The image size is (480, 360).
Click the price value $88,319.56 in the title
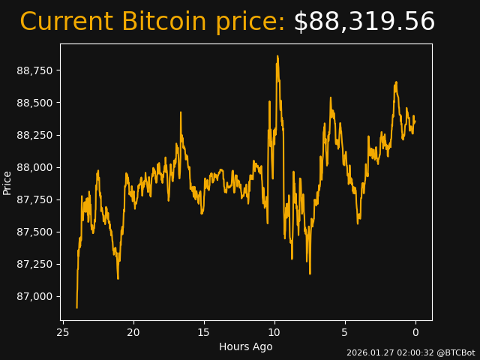(364, 22)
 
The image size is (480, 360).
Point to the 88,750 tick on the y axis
(39, 70)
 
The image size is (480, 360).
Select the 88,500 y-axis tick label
(39, 103)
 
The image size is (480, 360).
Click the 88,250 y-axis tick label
(39, 135)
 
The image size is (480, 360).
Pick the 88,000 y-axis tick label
(39, 167)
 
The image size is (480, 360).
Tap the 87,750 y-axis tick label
(39, 199)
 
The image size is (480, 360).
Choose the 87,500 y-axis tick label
(39, 232)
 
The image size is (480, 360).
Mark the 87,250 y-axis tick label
(39, 264)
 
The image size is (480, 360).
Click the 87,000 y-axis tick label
(39, 296)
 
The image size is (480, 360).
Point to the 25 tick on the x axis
(63, 332)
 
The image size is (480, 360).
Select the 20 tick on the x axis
(133, 332)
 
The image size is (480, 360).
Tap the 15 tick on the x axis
(204, 332)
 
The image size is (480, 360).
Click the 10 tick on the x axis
(274, 332)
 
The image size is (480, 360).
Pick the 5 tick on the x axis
(345, 332)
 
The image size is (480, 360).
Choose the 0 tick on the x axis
(415, 332)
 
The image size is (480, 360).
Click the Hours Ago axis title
(246, 346)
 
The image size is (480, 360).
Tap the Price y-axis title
(7, 182)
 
